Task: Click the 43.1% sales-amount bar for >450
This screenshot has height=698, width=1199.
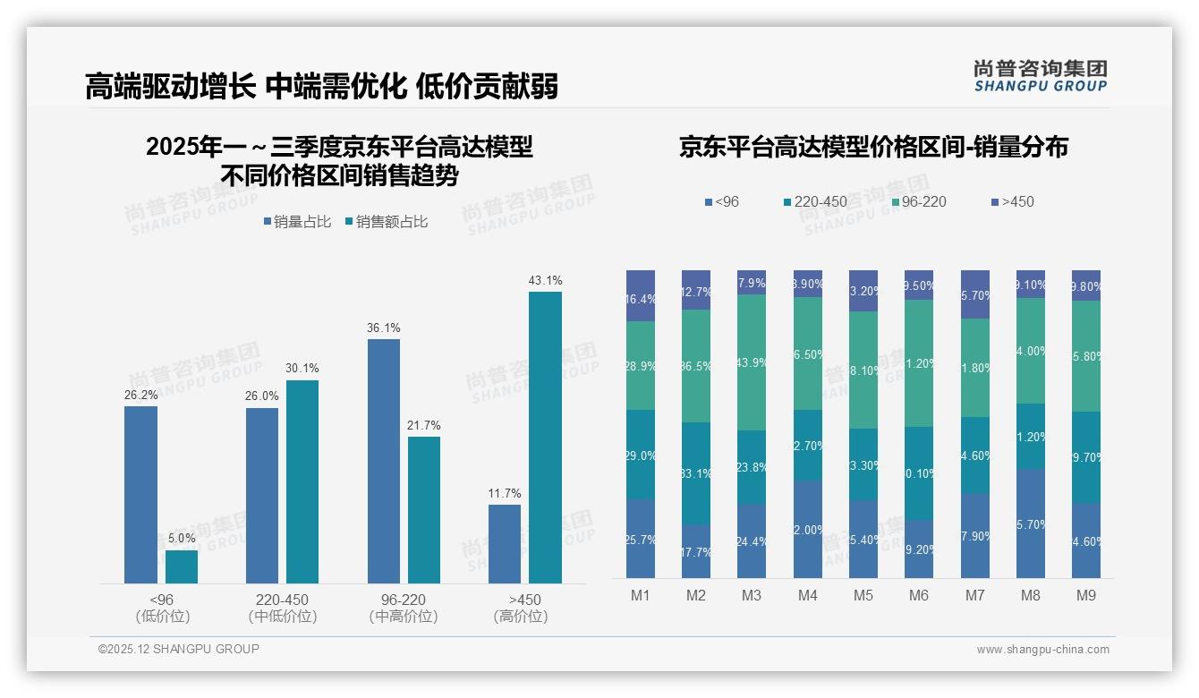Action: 545,438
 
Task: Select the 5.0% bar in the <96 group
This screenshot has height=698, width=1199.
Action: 182,566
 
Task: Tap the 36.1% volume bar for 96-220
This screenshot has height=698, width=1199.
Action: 384,461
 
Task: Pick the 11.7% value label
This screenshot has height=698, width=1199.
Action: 505,494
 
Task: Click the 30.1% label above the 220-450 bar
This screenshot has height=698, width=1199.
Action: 302,369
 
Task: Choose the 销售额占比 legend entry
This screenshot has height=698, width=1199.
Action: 386,221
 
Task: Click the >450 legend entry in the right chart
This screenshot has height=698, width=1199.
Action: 1012,201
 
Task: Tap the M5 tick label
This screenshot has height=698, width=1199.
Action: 863,595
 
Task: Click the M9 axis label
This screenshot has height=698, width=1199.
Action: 1085,595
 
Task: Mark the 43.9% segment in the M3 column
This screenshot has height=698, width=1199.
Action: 752,362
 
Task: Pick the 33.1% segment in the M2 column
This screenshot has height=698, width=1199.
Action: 696,473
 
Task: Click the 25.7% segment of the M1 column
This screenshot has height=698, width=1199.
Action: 641,539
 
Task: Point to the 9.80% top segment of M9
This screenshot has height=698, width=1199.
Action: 1086,285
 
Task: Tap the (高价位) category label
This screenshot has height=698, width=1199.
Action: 521,617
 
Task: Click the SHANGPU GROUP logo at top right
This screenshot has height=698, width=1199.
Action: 1040,76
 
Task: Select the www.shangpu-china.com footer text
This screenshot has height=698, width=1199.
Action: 1042,650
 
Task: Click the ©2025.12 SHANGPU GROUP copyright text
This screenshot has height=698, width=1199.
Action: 179,649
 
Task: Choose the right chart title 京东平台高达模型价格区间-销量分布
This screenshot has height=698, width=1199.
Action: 873,147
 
